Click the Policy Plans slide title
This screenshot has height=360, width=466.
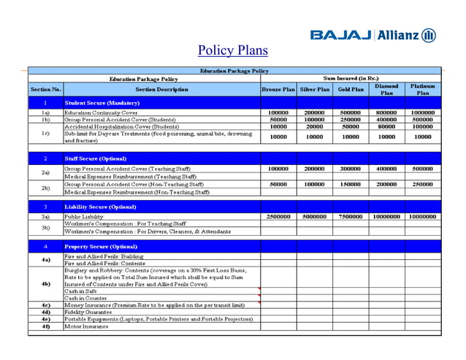[x=233, y=50]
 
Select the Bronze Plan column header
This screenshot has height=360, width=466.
[x=278, y=89]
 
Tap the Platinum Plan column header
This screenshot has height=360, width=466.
[x=423, y=89]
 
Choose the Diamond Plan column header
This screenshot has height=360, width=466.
[x=386, y=89]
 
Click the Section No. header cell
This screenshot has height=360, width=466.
[x=45, y=89]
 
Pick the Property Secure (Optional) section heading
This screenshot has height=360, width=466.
[x=100, y=247]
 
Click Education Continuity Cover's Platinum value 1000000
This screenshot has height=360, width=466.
[x=423, y=113]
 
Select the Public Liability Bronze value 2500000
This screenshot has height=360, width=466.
[x=278, y=217]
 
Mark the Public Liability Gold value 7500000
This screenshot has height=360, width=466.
[x=351, y=217]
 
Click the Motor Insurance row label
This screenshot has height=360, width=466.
[x=86, y=326]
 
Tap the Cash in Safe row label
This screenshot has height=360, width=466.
[x=80, y=291]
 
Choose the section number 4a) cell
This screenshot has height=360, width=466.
[x=45, y=260]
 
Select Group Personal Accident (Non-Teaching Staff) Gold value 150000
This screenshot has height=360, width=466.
[x=351, y=185]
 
